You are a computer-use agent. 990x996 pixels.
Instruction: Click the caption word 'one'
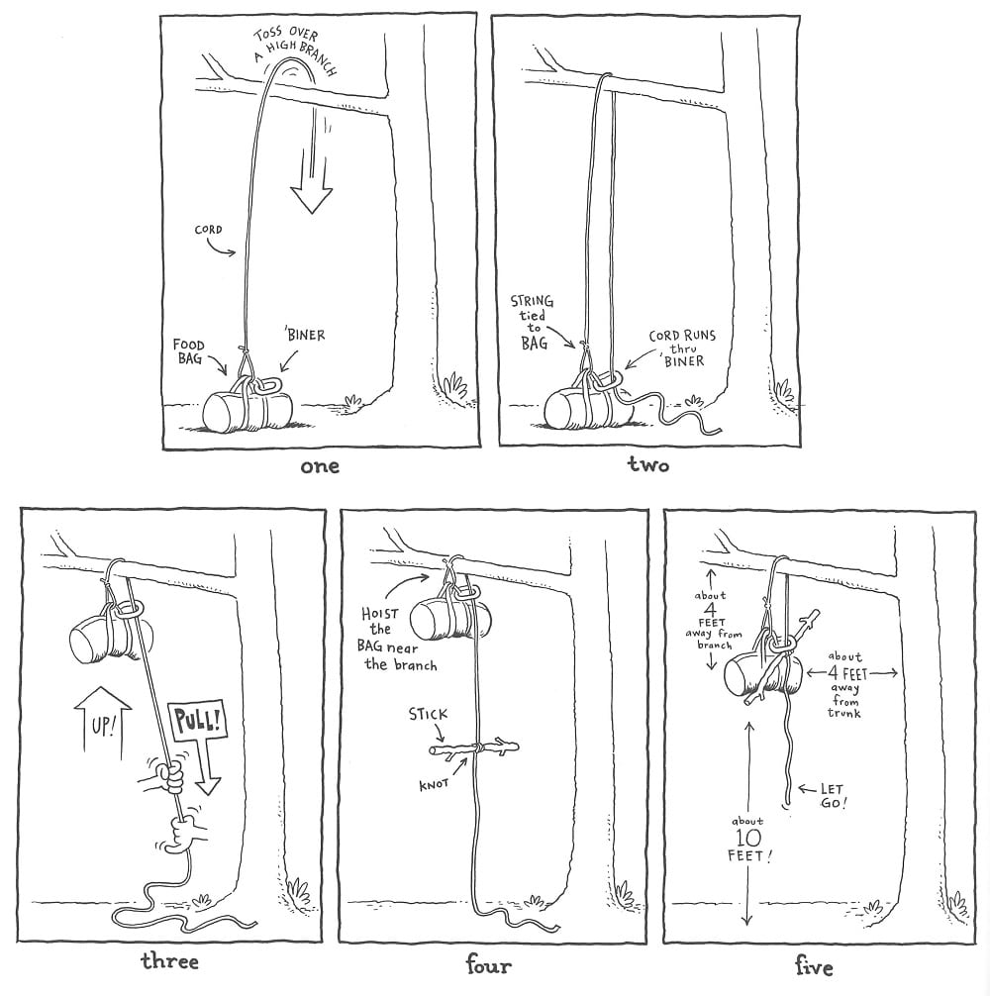pos(320,467)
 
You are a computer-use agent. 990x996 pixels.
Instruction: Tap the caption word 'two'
pos(648,465)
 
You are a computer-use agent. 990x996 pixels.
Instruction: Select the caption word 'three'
pos(169,960)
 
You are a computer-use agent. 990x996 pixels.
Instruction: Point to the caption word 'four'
pos(488,965)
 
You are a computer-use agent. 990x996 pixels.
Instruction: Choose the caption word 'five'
pos(814,966)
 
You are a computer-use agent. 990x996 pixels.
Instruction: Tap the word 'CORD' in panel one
pos(208,230)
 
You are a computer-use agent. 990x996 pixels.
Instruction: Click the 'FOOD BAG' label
pos(189,351)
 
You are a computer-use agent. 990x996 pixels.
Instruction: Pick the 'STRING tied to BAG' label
pos(533,322)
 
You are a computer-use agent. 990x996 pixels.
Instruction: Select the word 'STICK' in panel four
pos(428,714)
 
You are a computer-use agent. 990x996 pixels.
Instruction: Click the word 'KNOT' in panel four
pos(434,784)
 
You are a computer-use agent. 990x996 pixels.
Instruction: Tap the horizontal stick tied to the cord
pos(474,747)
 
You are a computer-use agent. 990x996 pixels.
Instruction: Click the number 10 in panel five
pos(748,838)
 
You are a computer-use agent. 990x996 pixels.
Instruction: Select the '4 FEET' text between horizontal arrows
pos(847,673)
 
